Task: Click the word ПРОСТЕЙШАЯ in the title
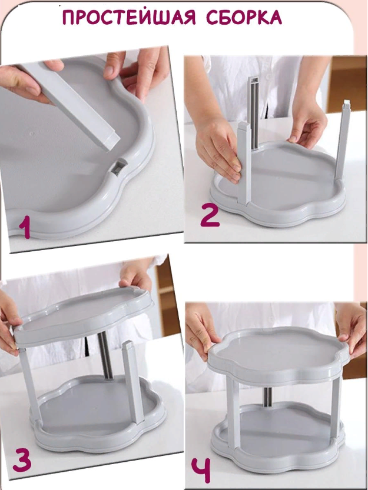pyautogui.click(x=129, y=18)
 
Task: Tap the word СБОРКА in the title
pyautogui.click(x=244, y=18)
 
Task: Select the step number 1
pyautogui.click(x=25, y=228)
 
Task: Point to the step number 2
pyautogui.click(x=210, y=216)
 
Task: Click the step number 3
pyautogui.click(x=22, y=461)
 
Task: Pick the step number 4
pyautogui.click(x=201, y=469)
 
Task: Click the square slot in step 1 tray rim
pyautogui.click(x=119, y=166)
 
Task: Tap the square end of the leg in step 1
pyautogui.click(x=111, y=141)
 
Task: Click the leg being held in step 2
pyautogui.click(x=244, y=162)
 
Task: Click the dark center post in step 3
pyautogui.click(x=105, y=356)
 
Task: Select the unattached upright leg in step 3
pyautogui.click(x=133, y=381)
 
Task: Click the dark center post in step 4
pyautogui.click(x=267, y=397)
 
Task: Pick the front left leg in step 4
pyautogui.click(x=233, y=413)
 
